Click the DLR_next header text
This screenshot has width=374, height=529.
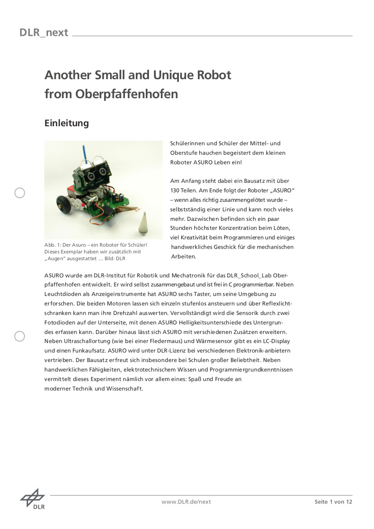44,33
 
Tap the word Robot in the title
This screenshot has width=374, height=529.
213,75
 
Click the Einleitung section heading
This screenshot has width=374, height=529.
67,123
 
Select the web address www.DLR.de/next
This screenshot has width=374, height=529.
186,501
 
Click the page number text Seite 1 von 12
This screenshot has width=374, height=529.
333,501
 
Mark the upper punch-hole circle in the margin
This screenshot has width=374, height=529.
20,193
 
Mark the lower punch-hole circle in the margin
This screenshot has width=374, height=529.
20,336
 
